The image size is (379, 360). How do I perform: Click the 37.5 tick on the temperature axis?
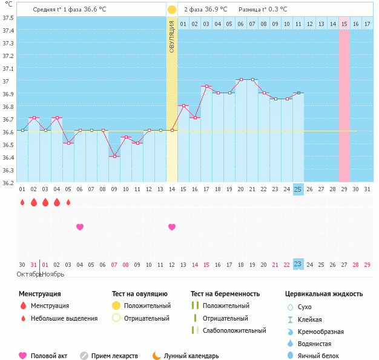[x=8, y=18]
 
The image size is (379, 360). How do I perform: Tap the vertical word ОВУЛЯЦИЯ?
[x=172, y=36]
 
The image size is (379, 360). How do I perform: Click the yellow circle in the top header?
[x=172, y=10]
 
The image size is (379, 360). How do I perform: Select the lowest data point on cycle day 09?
[x=114, y=156]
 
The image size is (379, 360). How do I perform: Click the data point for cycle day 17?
[x=206, y=87]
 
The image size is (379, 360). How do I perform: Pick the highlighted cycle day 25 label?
[x=298, y=189]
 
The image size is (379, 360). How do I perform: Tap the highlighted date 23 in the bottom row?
[x=298, y=264]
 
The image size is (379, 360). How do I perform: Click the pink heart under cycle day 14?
[x=172, y=227]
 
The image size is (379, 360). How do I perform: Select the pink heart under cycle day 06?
[x=80, y=227]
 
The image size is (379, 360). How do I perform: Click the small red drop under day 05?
[x=68, y=202]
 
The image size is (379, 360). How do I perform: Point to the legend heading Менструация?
[x=39, y=294]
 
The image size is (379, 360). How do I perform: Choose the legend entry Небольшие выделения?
[x=64, y=318]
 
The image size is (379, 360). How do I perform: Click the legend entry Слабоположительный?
[x=234, y=330]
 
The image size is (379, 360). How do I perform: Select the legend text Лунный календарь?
[x=191, y=356]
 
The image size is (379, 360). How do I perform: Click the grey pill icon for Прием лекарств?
[x=84, y=356]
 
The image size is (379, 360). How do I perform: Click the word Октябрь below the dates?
[x=28, y=274]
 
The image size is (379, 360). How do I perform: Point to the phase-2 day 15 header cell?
[x=344, y=24]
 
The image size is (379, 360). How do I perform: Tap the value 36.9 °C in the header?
[x=217, y=10]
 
